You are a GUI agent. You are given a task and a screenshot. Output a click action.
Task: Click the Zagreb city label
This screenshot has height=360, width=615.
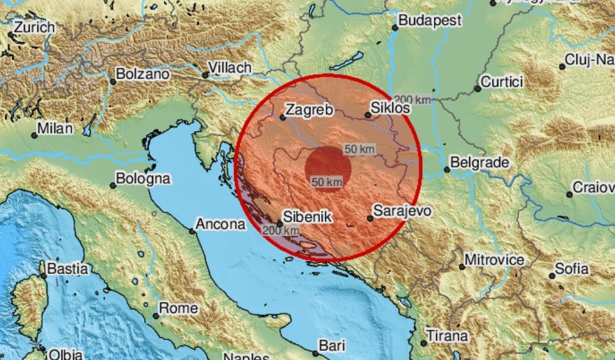pos(310,109)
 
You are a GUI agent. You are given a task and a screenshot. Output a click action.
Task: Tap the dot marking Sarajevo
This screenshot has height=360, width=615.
pos(370,218)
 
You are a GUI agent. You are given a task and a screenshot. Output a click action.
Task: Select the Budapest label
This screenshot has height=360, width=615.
pos(429,21)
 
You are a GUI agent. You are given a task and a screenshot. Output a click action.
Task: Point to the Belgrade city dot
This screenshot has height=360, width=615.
pos(447,169)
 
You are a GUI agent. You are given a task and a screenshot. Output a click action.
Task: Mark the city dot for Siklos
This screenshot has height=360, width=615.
pos(368,115)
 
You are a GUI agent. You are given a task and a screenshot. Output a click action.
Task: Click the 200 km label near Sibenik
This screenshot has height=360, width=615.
pos(281,231)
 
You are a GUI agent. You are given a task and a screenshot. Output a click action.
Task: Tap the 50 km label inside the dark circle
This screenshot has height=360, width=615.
pos(327,182)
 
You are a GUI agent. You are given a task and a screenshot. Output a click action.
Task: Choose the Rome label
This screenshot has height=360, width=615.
pos(179,309)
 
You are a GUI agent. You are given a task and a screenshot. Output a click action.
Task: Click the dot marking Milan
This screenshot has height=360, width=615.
pos(35,135)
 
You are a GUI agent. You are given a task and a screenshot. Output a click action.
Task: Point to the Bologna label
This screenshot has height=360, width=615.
pos(143,179)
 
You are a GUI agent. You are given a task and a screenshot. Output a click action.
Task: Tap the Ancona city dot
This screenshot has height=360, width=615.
pos(192,231)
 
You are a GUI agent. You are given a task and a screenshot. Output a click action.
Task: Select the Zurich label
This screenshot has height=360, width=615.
pos(34,27)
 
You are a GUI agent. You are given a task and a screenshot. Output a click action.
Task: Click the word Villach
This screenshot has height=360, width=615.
pos(229,68)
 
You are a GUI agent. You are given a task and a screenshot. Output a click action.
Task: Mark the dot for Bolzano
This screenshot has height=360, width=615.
pos(113,81)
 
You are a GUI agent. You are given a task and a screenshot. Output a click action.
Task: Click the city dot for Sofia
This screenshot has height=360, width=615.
pos(552,276)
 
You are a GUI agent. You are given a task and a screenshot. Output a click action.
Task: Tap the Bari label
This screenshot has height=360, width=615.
pos(333,346)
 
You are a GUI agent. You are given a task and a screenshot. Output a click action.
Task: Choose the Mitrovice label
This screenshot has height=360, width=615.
pos(494,260)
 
